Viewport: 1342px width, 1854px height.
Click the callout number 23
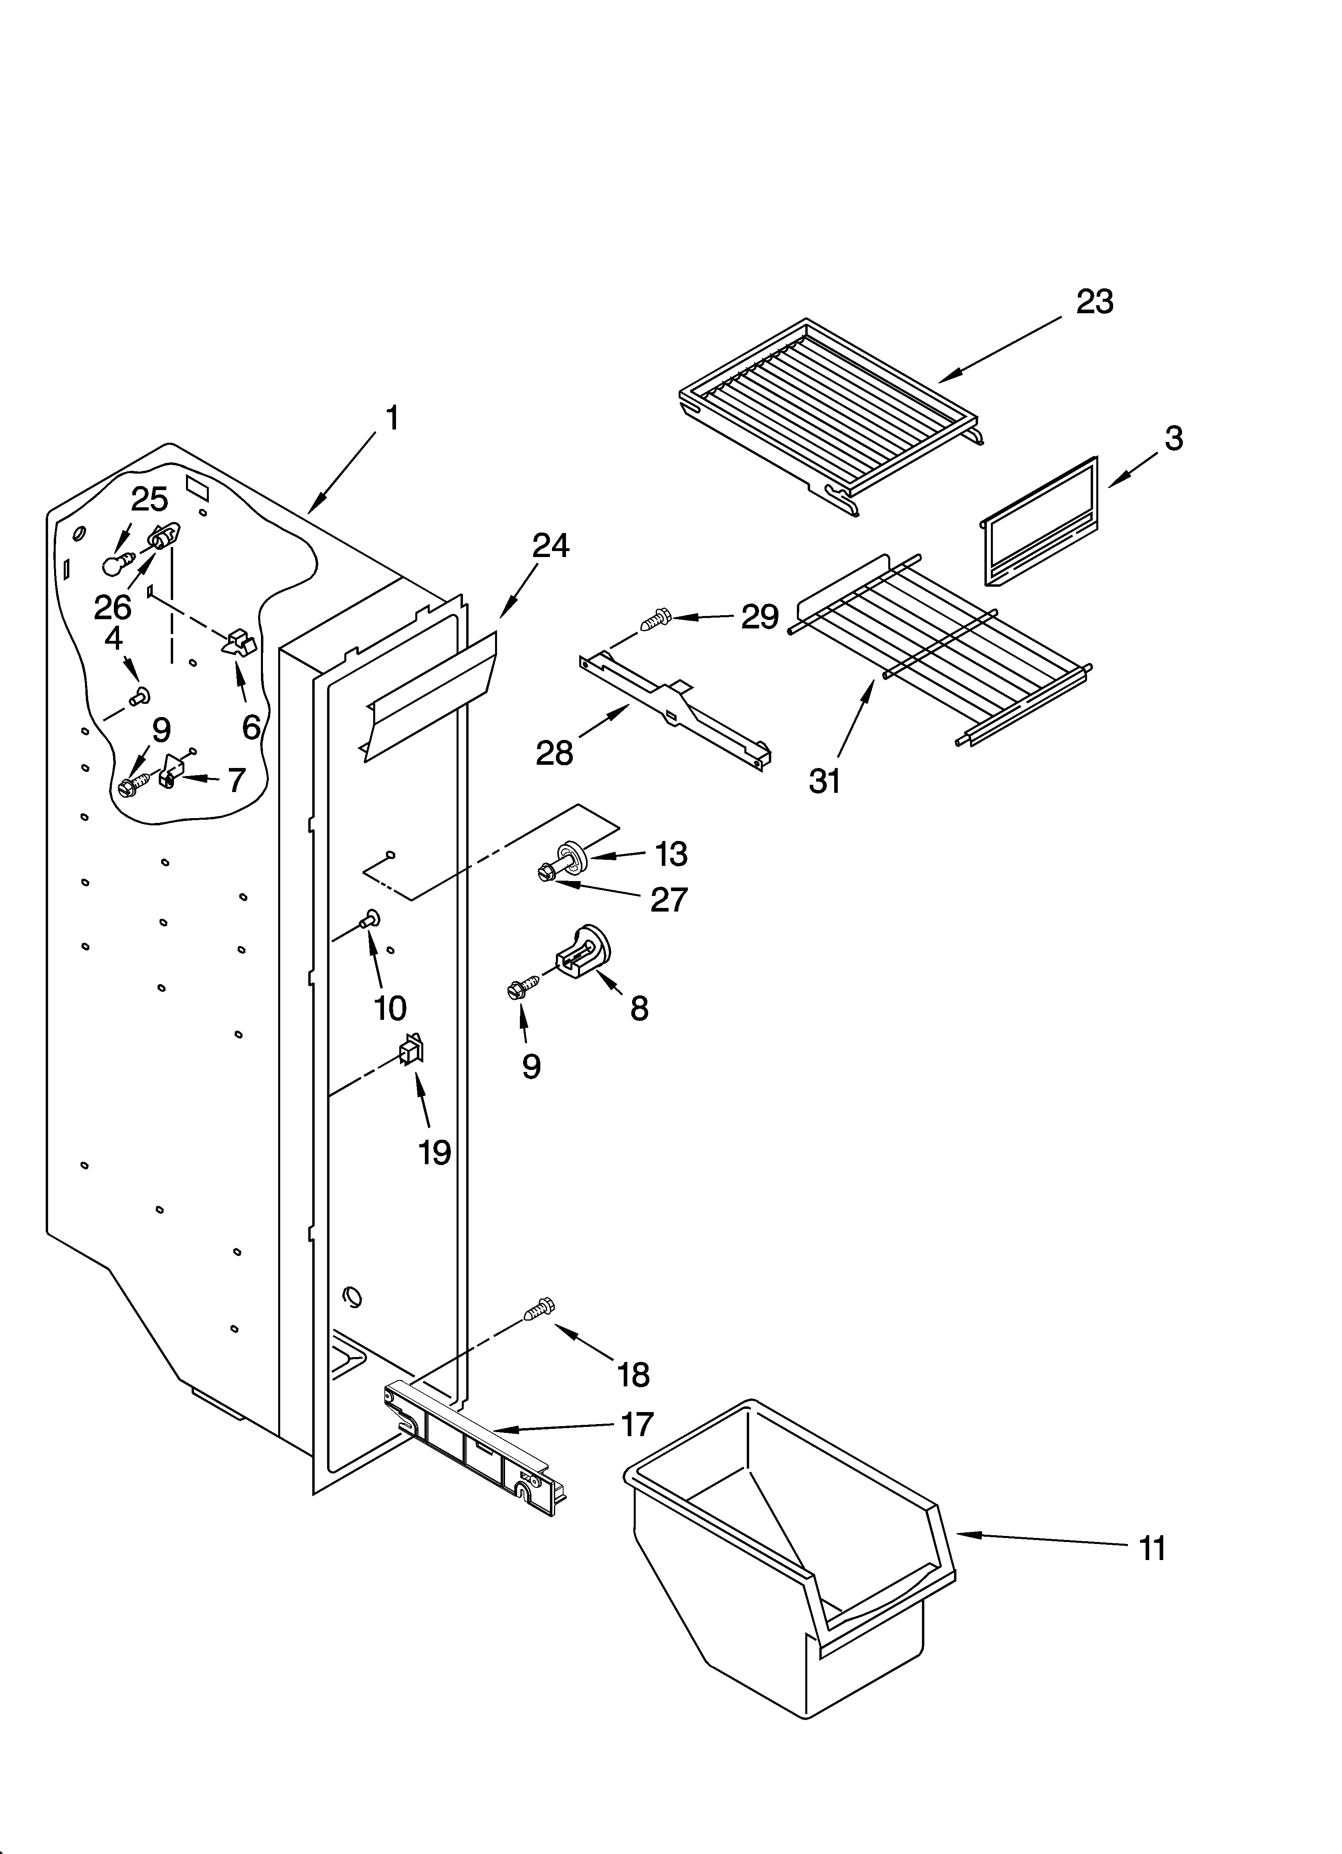[x=1094, y=302]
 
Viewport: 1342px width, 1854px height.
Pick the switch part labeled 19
[x=410, y=1050]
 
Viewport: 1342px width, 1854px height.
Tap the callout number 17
[x=637, y=1423]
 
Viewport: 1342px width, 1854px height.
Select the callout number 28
[x=554, y=752]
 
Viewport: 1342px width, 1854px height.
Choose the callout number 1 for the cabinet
[x=392, y=419]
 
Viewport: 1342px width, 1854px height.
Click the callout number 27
[x=669, y=900]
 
